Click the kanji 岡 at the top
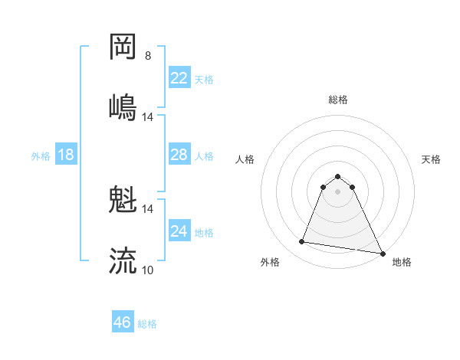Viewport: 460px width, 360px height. [123, 47]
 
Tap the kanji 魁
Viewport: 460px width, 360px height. [123, 201]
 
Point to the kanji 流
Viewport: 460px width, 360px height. [123, 260]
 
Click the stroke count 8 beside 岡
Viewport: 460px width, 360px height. [148, 56]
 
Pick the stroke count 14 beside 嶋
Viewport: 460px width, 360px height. [148, 116]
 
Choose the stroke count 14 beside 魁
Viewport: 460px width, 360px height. [148, 208]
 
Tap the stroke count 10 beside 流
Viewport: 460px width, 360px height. [148, 270]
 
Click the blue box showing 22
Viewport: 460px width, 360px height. [179, 77]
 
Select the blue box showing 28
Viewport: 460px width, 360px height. [179, 155]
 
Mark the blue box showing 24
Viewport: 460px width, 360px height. [179, 231]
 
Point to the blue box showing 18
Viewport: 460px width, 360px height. [66, 155]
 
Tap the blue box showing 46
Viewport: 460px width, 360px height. [123, 322]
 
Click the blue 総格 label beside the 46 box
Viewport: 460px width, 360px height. [148, 324]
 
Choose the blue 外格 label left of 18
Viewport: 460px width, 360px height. [41, 155]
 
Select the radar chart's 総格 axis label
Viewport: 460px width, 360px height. [338, 100]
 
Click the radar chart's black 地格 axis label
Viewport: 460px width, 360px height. [402, 262]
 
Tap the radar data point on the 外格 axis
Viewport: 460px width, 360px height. [302, 242]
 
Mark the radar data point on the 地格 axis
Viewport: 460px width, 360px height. [383, 254]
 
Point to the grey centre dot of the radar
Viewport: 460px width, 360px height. [338, 191]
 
